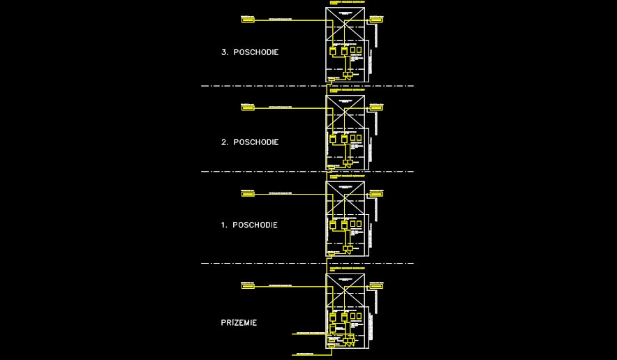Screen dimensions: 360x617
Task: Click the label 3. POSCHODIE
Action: coord(250,52)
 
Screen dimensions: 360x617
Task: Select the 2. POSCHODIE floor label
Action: coord(250,142)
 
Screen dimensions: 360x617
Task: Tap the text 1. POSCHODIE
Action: coord(249,225)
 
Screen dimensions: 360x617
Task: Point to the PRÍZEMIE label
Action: coord(239,323)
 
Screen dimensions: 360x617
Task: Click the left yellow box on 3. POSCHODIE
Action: coord(248,20)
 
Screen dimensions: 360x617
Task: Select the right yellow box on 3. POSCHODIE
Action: coord(376,20)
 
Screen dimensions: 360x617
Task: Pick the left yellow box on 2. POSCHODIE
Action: coord(248,108)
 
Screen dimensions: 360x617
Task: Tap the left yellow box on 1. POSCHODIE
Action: coord(248,194)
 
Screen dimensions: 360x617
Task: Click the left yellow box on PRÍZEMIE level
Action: coord(248,286)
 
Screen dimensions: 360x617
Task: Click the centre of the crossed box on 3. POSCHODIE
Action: coord(345,26)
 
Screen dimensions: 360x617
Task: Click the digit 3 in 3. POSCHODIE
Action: coord(224,52)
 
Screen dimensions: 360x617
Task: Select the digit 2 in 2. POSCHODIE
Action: coord(224,142)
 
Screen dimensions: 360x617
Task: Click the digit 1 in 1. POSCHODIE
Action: coord(223,225)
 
